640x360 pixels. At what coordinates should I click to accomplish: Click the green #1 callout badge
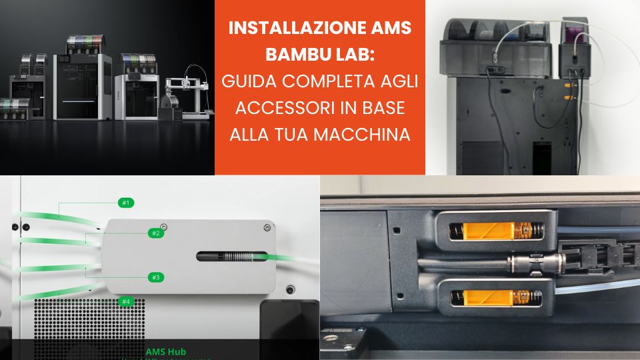click(x=126, y=201)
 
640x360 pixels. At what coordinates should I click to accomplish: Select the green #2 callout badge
click(x=155, y=233)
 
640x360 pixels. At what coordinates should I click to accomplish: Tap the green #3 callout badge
click(x=155, y=277)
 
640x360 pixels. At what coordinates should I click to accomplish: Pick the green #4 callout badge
click(x=126, y=301)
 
